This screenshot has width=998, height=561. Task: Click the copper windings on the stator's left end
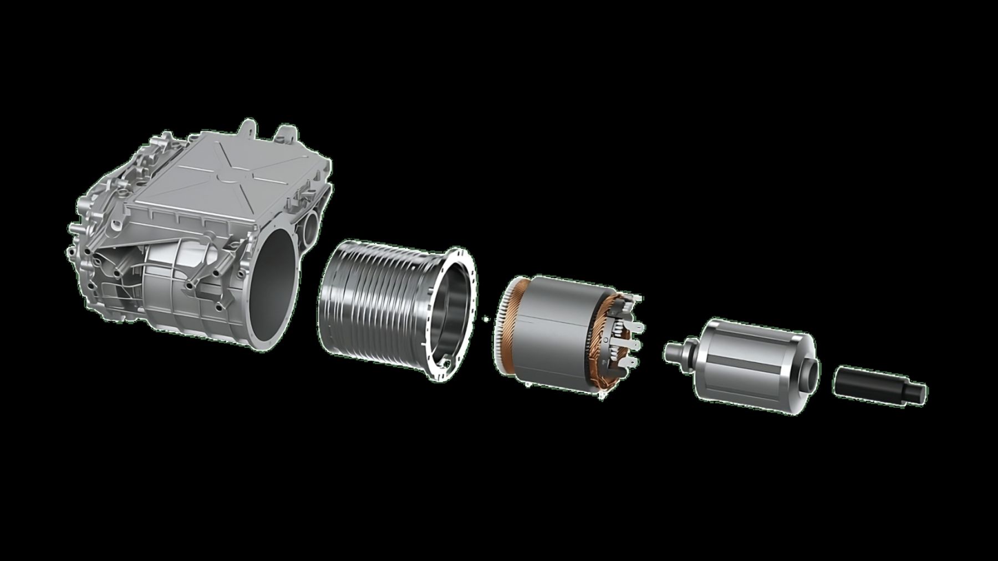click(507, 327)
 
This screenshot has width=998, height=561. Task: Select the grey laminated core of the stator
click(554, 338)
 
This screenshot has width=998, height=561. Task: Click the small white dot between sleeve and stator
click(486, 318)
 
